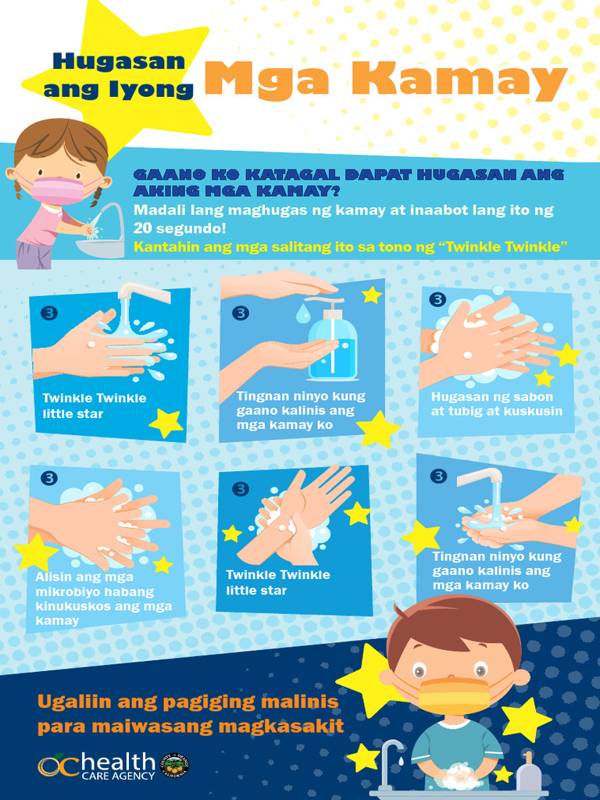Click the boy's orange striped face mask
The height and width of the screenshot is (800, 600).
[454, 695]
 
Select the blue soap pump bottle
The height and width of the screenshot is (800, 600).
[334, 344]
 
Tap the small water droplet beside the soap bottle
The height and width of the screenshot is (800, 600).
[302, 313]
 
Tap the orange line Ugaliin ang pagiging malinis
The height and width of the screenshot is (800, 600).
[187, 702]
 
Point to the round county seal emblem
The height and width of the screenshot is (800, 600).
[174, 766]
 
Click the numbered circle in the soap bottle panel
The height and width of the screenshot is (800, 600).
[241, 312]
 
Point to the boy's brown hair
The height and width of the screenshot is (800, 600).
[453, 626]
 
